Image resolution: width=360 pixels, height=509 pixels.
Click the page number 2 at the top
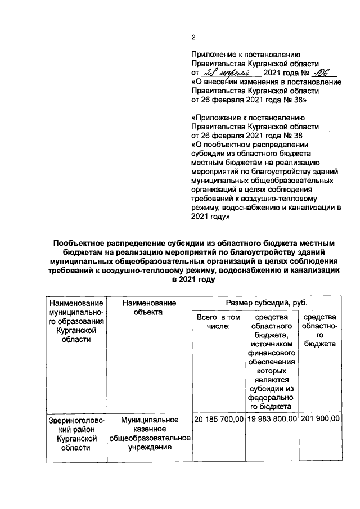click(x=193, y=38)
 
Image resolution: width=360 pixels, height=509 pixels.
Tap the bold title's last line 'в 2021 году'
click(x=195, y=279)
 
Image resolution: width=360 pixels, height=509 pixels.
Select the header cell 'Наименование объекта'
click(x=148, y=308)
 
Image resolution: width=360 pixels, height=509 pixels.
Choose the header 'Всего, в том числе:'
click(x=218, y=322)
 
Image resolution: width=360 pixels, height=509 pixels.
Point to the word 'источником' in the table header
click(x=273, y=345)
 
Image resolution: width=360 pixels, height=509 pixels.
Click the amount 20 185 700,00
click(x=218, y=420)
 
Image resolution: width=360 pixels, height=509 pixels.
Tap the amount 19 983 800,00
click(x=272, y=420)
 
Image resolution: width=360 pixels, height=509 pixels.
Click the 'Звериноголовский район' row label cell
click(x=73, y=434)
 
